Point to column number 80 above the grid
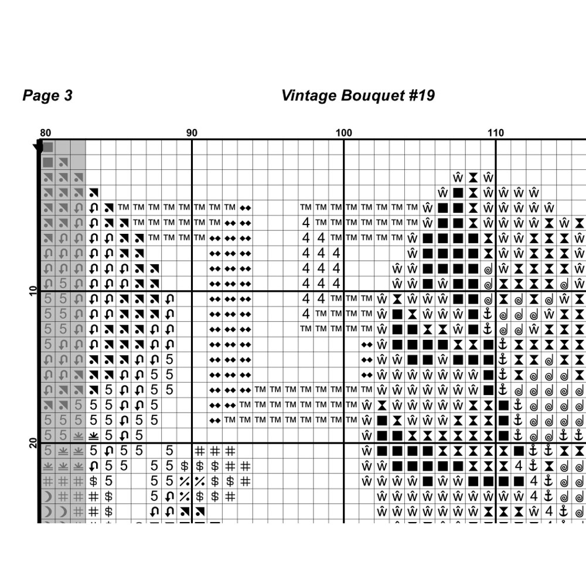(x=45, y=133)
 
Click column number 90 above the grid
(x=192, y=133)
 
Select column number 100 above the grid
(x=344, y=133)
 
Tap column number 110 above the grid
(x=496, y=133)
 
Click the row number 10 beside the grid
(x=33, y=291)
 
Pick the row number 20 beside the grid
(x=33, y=444)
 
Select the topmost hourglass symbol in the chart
(x=473, y=177)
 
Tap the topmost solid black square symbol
(x=458, y=192)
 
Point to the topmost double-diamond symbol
(x=246, y=207)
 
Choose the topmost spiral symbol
(x=488, y=268)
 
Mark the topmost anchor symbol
(x=488, y=314)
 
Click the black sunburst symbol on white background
(x=93, y=436)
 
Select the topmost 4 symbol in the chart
(x=306, y=223)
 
